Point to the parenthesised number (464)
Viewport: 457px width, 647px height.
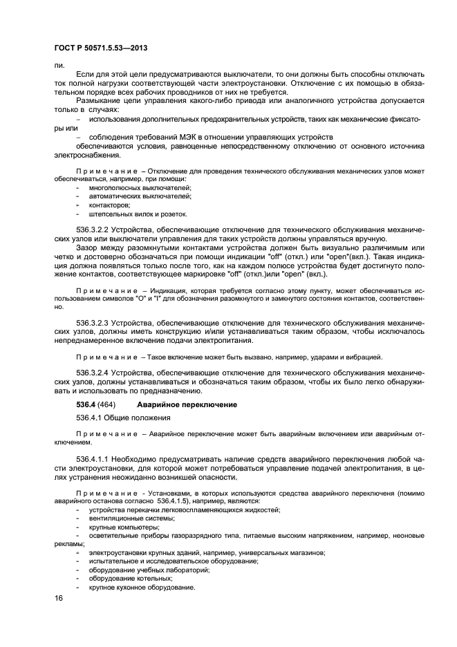107,404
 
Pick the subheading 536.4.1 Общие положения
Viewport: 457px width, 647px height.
120,419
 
